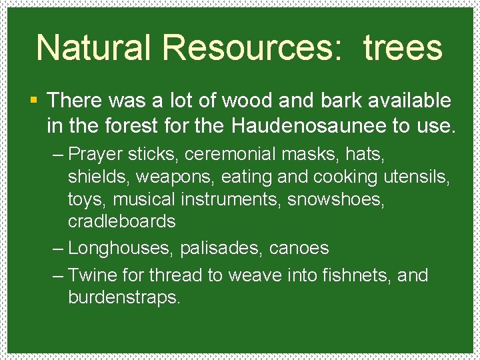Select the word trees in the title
point(403,48)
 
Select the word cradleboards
point(122,221)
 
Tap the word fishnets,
point(354,275)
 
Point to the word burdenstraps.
point(124,297)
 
